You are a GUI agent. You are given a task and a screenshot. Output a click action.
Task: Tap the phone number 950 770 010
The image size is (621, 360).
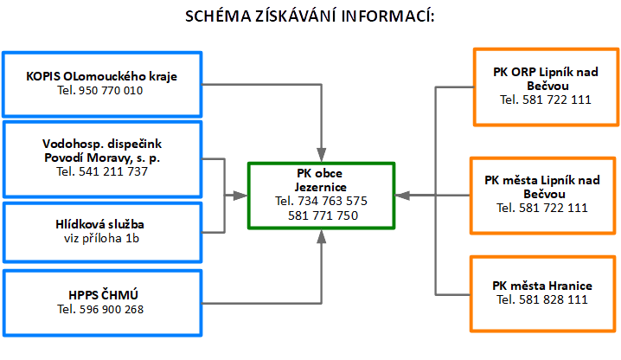point(100,90)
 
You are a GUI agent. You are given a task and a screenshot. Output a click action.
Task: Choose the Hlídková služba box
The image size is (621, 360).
point(102,229)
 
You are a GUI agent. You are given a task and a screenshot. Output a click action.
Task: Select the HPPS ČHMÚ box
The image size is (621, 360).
point(102,302)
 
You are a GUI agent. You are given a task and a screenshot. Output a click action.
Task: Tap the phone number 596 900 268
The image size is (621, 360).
point(100,310)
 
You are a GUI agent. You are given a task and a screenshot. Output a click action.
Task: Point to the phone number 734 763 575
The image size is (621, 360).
point(321,201)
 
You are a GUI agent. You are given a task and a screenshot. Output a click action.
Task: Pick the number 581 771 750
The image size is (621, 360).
point(321,215)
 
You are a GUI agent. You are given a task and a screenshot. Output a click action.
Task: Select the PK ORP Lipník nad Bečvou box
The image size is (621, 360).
point(545,86)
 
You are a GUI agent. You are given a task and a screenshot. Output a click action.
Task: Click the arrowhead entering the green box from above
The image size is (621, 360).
point(321,155)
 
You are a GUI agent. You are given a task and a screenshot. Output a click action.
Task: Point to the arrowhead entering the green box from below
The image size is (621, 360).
point(321,235)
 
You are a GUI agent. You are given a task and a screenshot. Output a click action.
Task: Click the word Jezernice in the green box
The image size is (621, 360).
point(321,187)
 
